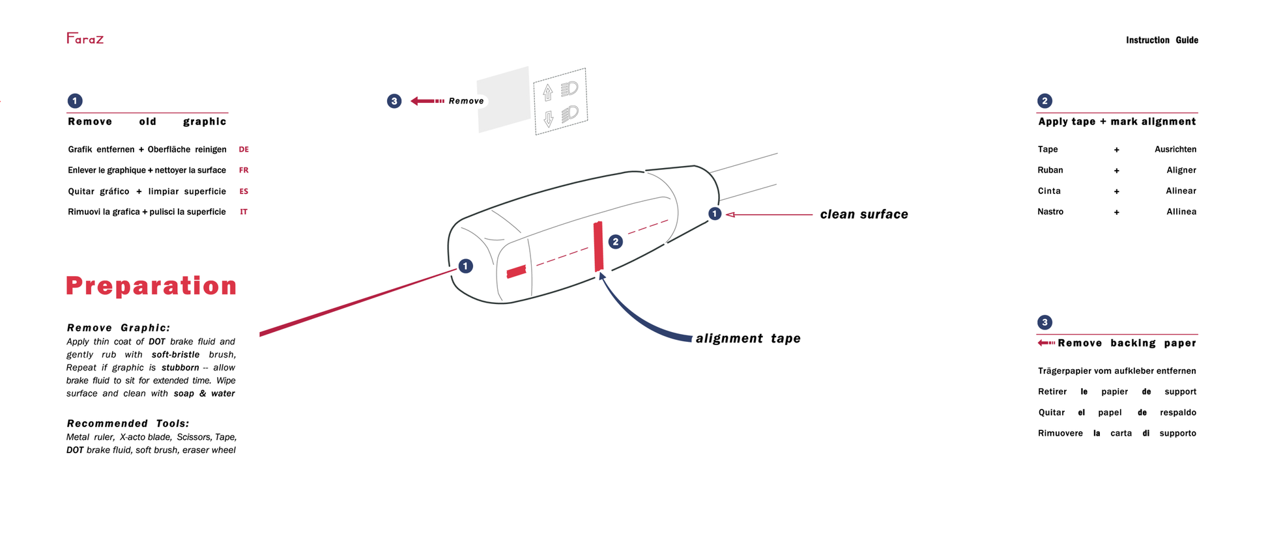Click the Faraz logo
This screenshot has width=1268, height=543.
(85, 38)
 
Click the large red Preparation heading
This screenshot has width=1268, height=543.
(151, 286)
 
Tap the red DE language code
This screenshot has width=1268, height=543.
(244, 150)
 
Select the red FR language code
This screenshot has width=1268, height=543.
(244, 171)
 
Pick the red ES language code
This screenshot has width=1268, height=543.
(244, 191)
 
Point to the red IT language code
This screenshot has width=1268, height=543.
(244, 212)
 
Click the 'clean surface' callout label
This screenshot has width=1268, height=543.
(863, 214)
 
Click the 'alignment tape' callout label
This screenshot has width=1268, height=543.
(748, 339)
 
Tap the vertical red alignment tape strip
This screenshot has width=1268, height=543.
(598, 247)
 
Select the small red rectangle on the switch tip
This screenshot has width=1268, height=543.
(516, 271)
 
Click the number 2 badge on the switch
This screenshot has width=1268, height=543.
(615, 242)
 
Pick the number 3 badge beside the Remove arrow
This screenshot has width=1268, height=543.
(394, 101)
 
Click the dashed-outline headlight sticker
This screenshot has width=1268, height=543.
(560, 101)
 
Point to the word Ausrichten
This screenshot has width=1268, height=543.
(1175, 150)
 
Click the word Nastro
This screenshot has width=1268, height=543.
(1050, 212)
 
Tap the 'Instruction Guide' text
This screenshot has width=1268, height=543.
(1162, 40)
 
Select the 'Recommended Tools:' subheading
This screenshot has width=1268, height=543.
(128, 423)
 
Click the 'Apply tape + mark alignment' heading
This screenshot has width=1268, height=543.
(1117, 122)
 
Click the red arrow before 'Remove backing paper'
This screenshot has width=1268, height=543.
(1046, 343)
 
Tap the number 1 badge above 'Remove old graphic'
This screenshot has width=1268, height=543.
(75, 101)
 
